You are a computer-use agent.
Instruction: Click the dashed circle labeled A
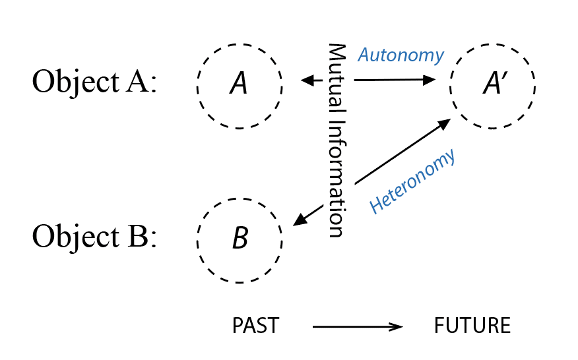[x=240, y=84]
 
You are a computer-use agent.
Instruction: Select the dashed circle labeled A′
[x=492, y=84]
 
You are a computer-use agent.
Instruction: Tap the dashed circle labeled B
[x=240, y=237]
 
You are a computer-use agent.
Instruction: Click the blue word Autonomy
[x=401, y=55]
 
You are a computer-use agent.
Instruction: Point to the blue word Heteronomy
[x=412, y=182]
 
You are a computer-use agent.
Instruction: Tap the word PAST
[x=255, y=326]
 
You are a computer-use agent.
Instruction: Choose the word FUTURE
[x=472, y=326]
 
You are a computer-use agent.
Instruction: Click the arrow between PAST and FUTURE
[x=356, y=326]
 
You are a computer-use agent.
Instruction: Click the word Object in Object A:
[x=68, y=84]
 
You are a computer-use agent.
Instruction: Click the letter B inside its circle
[x=240, y=238]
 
